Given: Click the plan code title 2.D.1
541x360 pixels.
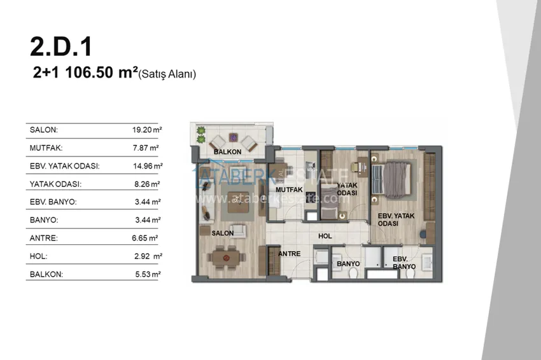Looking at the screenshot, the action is click(61, 46).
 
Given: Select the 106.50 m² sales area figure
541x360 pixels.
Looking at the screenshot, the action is click(101, 73).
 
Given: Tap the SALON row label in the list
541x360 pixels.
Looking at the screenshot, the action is click(44, 130).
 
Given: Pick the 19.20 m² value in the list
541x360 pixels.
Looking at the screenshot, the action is click(147, 130).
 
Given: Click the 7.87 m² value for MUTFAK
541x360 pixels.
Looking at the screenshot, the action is click(146, 148).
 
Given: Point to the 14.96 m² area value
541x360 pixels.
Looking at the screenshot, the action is click(148, 166).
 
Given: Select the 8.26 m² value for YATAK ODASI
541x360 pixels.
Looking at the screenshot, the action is click(147, 184).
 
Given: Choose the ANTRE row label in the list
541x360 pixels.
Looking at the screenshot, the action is click(44, 238).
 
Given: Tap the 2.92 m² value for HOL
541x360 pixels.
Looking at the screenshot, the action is click(148, 256).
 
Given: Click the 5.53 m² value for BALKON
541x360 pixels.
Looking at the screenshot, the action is click(148, 274).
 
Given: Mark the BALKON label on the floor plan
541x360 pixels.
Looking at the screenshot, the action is click(227, 152).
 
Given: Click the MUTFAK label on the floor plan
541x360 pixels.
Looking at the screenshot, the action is click(289, 190).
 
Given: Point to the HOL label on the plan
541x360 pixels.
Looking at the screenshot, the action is click(325, 236).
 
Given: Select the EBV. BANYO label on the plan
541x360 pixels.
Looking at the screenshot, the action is click(404, 263).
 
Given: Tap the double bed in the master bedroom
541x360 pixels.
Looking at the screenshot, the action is click(391, 180).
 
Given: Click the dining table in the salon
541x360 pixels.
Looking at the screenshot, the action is click(226, 258).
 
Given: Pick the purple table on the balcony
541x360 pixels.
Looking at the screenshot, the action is click(233, 137).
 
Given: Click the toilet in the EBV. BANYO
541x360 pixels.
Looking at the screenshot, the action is click(411, 273).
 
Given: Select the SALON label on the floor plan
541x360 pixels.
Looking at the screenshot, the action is click(223, 233).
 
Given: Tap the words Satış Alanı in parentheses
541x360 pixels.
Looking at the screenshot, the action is click(167, 74).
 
